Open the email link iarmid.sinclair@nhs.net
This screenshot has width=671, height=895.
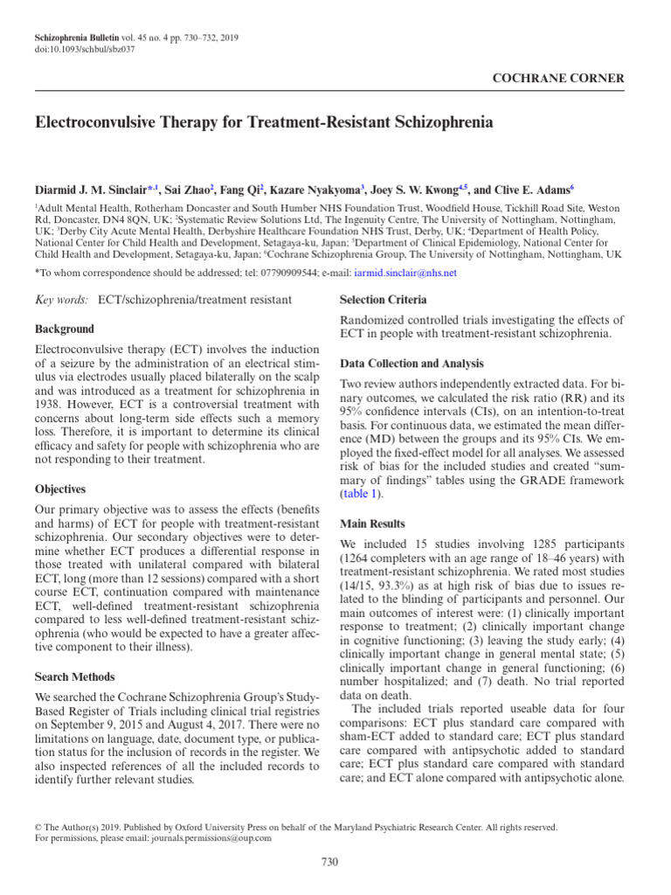406,273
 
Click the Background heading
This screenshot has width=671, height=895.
64,330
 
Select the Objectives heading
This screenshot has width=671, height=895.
60,489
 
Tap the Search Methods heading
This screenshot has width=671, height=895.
74,676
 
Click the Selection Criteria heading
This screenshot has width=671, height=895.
383,301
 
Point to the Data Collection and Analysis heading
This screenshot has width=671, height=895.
411,364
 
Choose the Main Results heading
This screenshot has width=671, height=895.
372,524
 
